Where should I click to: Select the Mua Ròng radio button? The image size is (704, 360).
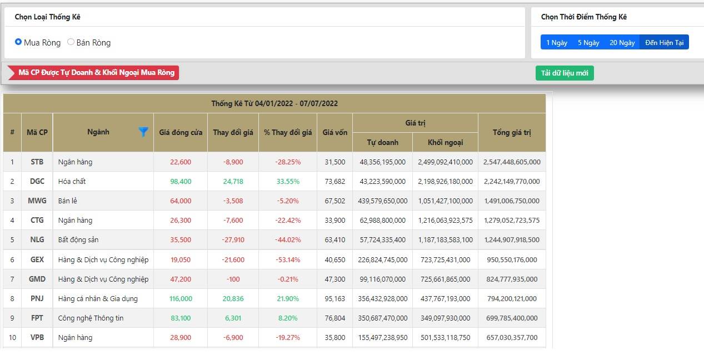[18, 42]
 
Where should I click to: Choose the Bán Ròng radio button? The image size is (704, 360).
[71, 42]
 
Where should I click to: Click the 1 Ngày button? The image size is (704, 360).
[557, 42]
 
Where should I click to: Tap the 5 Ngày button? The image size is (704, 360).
[588, 42]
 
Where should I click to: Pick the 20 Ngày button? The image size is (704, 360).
[622, 42]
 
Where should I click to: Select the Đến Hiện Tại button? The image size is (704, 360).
[664, 42]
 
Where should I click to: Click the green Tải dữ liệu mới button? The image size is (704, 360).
[565, 73]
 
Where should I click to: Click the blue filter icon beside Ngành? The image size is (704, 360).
[143, 132]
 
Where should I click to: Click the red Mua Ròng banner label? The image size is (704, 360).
[93, 73]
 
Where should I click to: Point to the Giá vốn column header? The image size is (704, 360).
[334, 133]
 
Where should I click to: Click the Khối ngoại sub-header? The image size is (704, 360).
[445, 143]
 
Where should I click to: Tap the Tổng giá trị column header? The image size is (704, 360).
[512, 133]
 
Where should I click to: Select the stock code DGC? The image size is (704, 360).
[37, 181]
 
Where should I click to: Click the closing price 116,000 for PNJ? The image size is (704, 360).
[181, 299]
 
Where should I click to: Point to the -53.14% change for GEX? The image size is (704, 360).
[288, 260]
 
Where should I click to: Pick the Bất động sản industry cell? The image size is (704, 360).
[78, 240]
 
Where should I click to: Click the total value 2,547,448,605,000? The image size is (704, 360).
[512, 162]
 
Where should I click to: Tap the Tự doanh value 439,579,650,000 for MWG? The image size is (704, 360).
[382, 201]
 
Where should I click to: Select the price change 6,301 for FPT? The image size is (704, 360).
[233, 318]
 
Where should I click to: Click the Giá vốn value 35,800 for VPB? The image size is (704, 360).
[334, 338]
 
